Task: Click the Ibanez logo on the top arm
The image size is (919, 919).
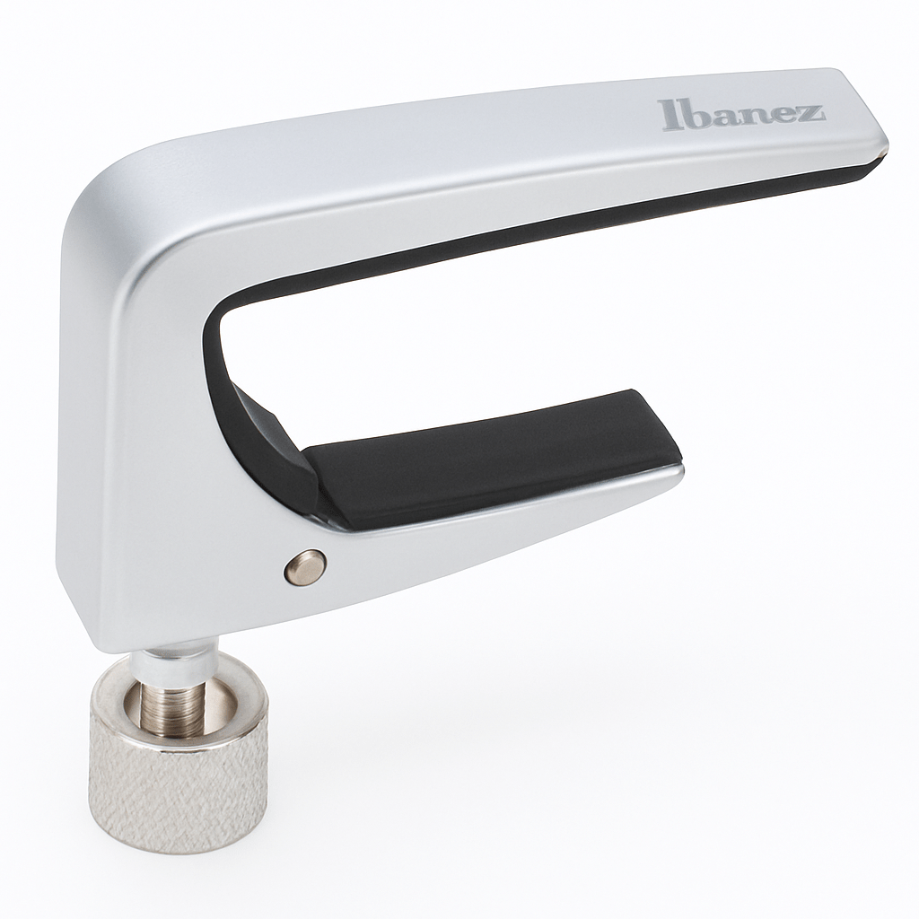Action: point(740,114)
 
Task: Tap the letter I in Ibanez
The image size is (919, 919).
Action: point(667,115)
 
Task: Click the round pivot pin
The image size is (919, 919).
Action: point(305,566)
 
